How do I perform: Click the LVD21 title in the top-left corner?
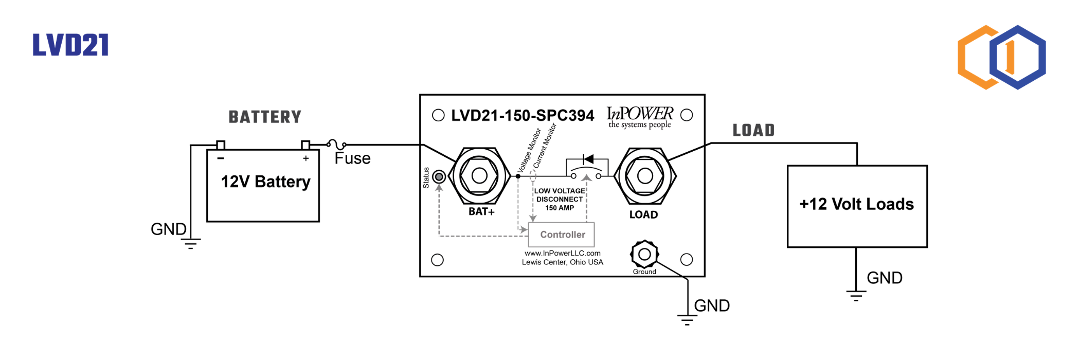click(x=70, y=45)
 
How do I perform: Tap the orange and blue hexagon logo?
click(x=1001, y=57)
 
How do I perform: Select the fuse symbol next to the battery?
click(x=337, y=145)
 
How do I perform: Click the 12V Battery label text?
click(x=265, y=182)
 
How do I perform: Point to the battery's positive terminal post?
click(x=305, y=145)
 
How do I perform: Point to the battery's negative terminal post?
click(x=221, y=145)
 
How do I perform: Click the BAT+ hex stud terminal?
click(x=479, y=176)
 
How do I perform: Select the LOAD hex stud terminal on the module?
click(x=645, y=176)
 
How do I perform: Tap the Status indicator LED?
click(x=439, y=177)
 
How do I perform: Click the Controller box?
click(x=562, y=235)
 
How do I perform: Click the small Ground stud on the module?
click(x=644, y=254)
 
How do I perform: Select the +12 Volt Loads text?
click(x=857, y=204)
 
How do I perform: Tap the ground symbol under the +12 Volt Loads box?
click(x=856, y=296)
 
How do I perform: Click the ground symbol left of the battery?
click(x=191, y=244)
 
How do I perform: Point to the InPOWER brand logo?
click(x=640, y=117)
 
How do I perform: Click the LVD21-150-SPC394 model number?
click(x=523, y=116)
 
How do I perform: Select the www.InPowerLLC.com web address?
click(x=563, y=253)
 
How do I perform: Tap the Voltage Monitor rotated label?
click(x=529, y=150)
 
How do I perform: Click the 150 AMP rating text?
click(x=560, y=208)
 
